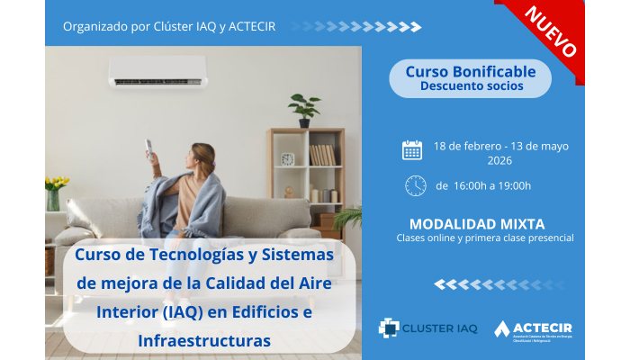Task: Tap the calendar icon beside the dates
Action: point(412,149)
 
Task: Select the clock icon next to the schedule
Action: point(415,185)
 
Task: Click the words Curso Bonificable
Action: point(471,71)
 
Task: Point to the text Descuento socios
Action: point(471,87)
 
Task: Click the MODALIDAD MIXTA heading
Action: point(477,223)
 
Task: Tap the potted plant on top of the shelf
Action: point(304,108)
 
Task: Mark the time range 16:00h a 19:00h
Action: point(483,186)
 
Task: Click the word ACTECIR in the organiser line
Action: point(250,25)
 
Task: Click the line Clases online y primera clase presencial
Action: point(485,238)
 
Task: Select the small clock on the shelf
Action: point(288,159)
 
